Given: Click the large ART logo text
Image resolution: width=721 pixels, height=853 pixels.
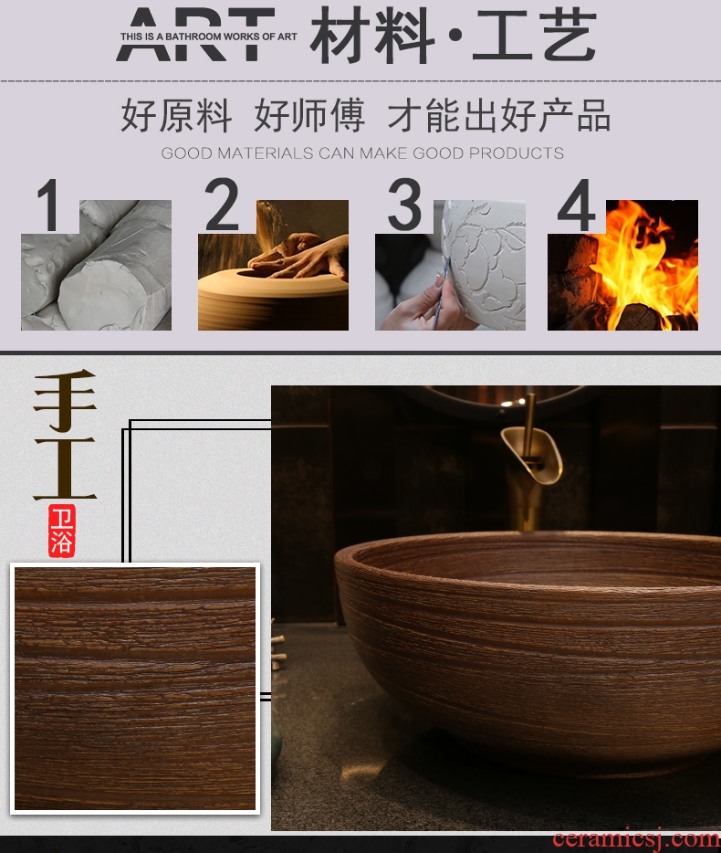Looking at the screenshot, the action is pyautogui.click(x=195, y=34).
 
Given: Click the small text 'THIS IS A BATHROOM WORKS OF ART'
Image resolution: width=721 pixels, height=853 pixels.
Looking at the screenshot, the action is pyautogui.click(x=209, y=37).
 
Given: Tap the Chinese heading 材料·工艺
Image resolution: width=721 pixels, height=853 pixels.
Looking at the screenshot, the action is pyautogui.click(x=453, y=36).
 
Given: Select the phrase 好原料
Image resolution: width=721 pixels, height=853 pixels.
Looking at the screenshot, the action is pyautogui.click(x=176, y=115).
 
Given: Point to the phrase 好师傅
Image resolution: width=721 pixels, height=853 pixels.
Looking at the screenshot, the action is pyautogui.click(x=308, y=115).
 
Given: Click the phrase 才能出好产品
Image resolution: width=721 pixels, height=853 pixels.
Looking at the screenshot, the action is pyautogui.click(x=498, y=115).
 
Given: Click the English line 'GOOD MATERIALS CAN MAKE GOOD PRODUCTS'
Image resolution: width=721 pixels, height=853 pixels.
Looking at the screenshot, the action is pyautogui.click(x=362, y=153).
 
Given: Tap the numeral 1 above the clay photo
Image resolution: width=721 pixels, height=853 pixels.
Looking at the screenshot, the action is pyautogui.click(x=49, y=205).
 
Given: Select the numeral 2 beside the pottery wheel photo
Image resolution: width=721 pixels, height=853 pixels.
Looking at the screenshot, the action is pyautogui.click(x=221, y=204).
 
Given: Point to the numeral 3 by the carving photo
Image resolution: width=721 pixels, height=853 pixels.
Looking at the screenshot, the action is pyautogui.click(x=404, y=204).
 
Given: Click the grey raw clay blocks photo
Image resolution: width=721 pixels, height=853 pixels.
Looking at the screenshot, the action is pyautogui.click(x=96, y=265).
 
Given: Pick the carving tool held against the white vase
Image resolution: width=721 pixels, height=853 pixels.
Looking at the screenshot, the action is pyautogui.click(x=441, y=294).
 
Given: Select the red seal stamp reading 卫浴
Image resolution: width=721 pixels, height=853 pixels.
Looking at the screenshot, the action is pyautogui.click(x=61, y=531).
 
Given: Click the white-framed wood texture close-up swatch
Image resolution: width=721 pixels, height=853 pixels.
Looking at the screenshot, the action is pyautogui.click(x=135, y=689).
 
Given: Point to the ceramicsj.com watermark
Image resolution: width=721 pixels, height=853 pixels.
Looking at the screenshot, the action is pyautogui.click(x=636, y=839).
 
